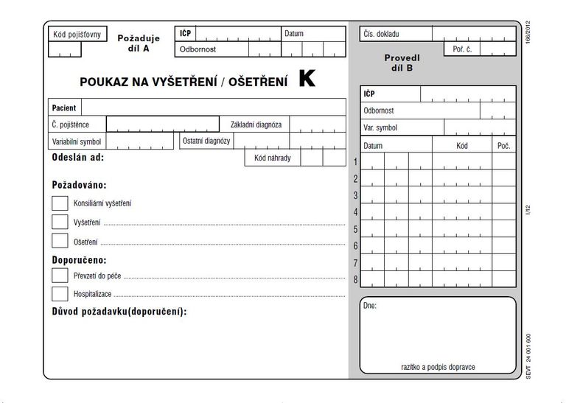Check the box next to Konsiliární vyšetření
[60, 203]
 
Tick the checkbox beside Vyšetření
[60, 222]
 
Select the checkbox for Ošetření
[60, 241]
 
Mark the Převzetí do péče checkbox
[60, 276]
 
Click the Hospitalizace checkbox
[60, 294]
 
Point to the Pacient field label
[64, 108]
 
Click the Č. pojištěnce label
[71, 125]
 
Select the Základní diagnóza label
[256, 125]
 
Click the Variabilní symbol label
[77, 141]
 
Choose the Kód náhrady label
[273, 158]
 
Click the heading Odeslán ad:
[77, 158]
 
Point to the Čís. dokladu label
[381, 35]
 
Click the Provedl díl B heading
[402, 63]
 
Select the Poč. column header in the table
[503, 146]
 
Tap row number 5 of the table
[355, 229]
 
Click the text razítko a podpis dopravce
[438, 366]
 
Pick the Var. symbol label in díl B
[380, 128]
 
